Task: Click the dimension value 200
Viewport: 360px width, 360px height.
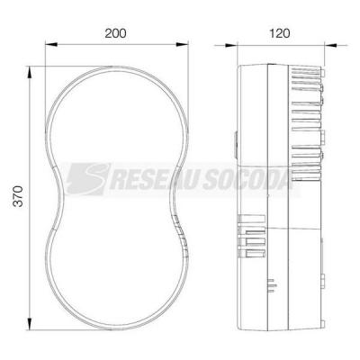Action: (x=115, y=33)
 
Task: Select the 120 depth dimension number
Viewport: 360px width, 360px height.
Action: (x=280, y=33)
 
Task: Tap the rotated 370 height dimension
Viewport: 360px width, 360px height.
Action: (x=19, y=196)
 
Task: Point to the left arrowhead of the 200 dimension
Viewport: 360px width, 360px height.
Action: (x=51, y=45)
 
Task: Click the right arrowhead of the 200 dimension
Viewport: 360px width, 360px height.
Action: (x=183, y=45)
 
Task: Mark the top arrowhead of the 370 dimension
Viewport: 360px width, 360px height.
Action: (x=30, y=73)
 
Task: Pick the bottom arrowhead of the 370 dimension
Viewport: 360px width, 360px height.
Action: (x=30, y=324)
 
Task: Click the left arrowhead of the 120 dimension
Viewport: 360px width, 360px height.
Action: (x=231, y=46)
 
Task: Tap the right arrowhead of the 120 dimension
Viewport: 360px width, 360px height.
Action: (x=331, y=46)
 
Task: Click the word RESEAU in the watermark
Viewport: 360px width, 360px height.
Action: (x=155, y=181)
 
